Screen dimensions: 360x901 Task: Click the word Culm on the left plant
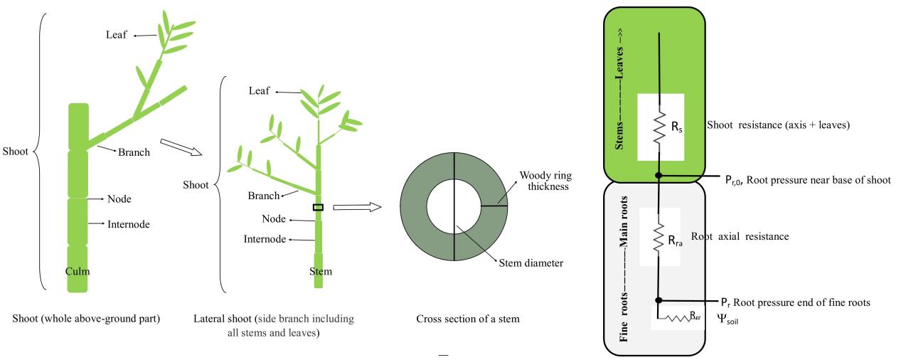pyautogui.click(x=78, y=271)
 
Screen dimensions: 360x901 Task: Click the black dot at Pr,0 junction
pyautogui.click(x=659, y=174)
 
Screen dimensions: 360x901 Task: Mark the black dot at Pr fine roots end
pyautogui.click(x=659, y=300)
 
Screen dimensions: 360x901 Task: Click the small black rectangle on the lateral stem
pyautogui.click(x=318, y=207)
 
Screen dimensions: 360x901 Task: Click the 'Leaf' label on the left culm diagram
pyautogui.click(x=116, y=35)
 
